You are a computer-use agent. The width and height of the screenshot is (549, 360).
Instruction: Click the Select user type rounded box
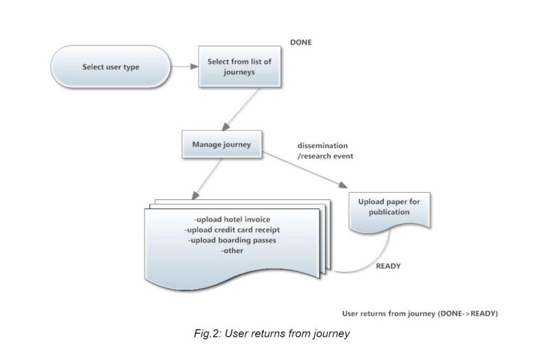tap(111, 67)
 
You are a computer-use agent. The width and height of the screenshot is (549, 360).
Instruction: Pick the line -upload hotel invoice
tap(232, 220)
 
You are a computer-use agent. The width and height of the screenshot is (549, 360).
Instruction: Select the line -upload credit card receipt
tap(232, 230)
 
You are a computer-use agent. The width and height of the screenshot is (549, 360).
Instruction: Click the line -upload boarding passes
tap(232, 240)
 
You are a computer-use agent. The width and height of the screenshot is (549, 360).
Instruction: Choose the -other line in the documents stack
tap(232, 250)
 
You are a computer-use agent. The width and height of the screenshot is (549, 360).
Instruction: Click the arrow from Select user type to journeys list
tap(186, 66)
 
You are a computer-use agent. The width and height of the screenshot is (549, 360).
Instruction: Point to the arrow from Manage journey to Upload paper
tap(306, 170)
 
